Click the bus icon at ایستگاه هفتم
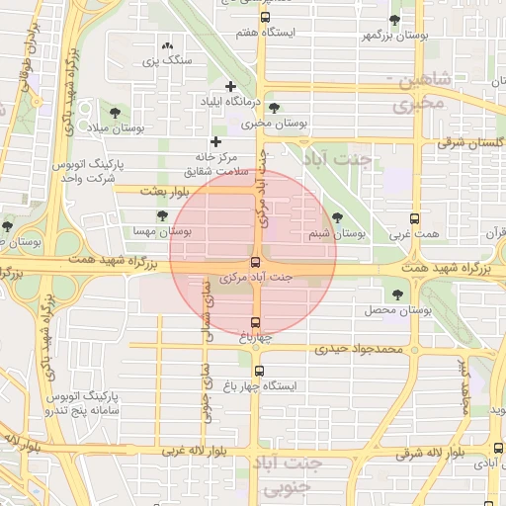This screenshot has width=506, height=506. (264, 17)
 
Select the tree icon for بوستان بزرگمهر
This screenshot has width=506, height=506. (395, 20)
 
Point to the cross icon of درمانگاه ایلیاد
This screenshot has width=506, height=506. (231, 86)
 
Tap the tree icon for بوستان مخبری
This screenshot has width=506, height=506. (274, 108)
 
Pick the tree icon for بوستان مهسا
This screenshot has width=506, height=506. (162, 215)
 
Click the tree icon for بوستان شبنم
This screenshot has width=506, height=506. (337, 217)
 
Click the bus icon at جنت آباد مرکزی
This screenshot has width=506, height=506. (256, 262)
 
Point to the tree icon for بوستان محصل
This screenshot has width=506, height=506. (398, 294)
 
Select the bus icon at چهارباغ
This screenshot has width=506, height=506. (256, 322)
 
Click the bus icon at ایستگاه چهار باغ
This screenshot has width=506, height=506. (259, 372)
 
